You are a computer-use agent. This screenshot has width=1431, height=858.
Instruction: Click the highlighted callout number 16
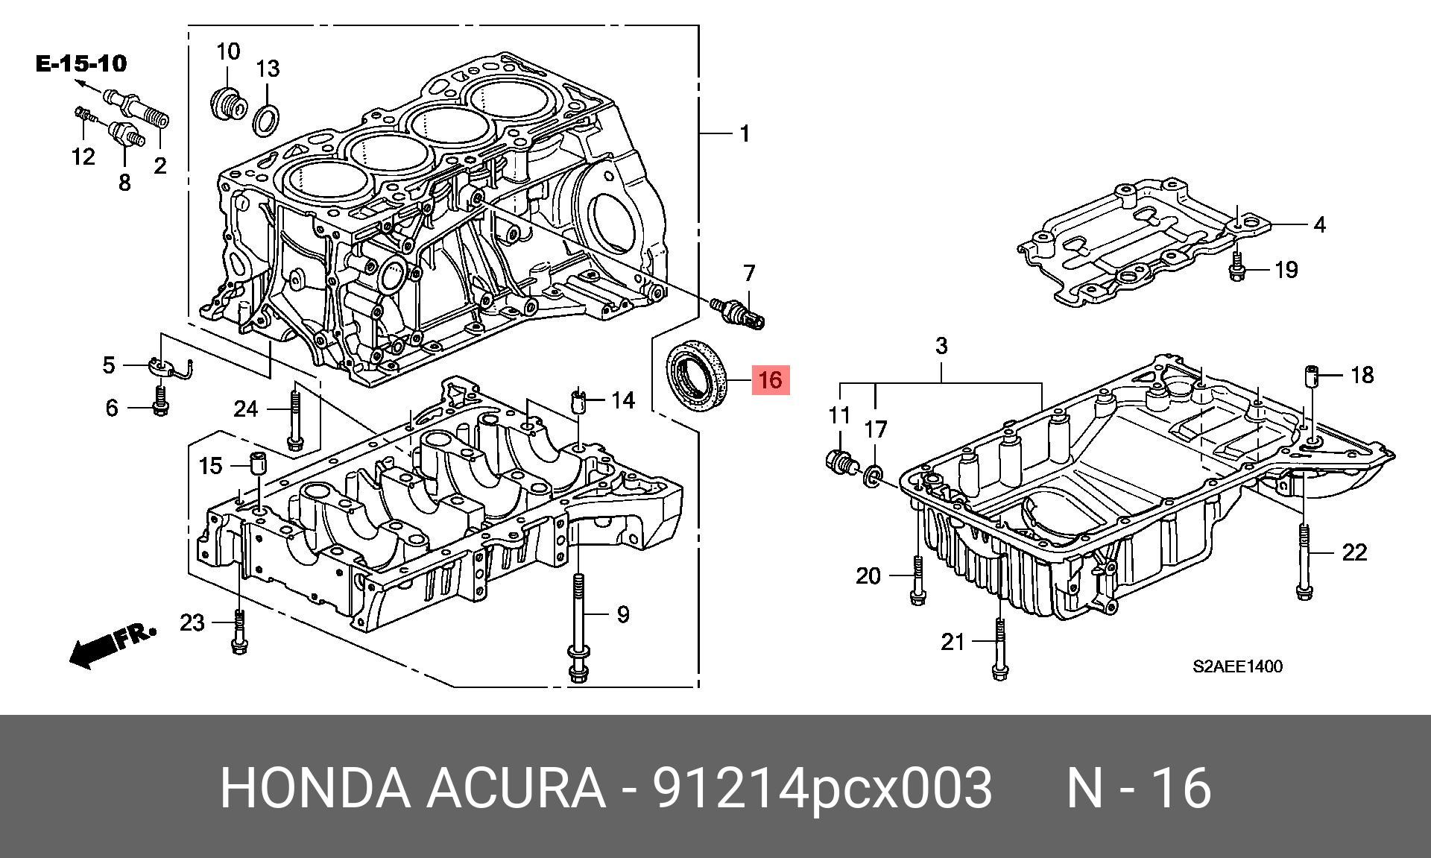(x=770, y=380)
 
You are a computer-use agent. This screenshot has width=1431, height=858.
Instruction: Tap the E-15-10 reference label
(x=81, y=64)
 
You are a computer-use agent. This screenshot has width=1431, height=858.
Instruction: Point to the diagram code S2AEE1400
(x=1237, y=666)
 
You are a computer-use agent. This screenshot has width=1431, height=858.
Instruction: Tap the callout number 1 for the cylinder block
(x=744, y=134)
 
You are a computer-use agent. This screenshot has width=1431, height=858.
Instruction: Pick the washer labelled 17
(x=874, y=475)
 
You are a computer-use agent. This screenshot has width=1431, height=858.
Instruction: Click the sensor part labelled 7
(x=735, y=312)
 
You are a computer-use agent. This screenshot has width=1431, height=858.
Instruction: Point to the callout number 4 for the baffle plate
(x=1319, y=224)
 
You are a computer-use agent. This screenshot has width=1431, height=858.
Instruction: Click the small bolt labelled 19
(x=1237, y=269)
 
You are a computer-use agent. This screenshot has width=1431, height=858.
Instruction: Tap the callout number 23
(x=192, y=622)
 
